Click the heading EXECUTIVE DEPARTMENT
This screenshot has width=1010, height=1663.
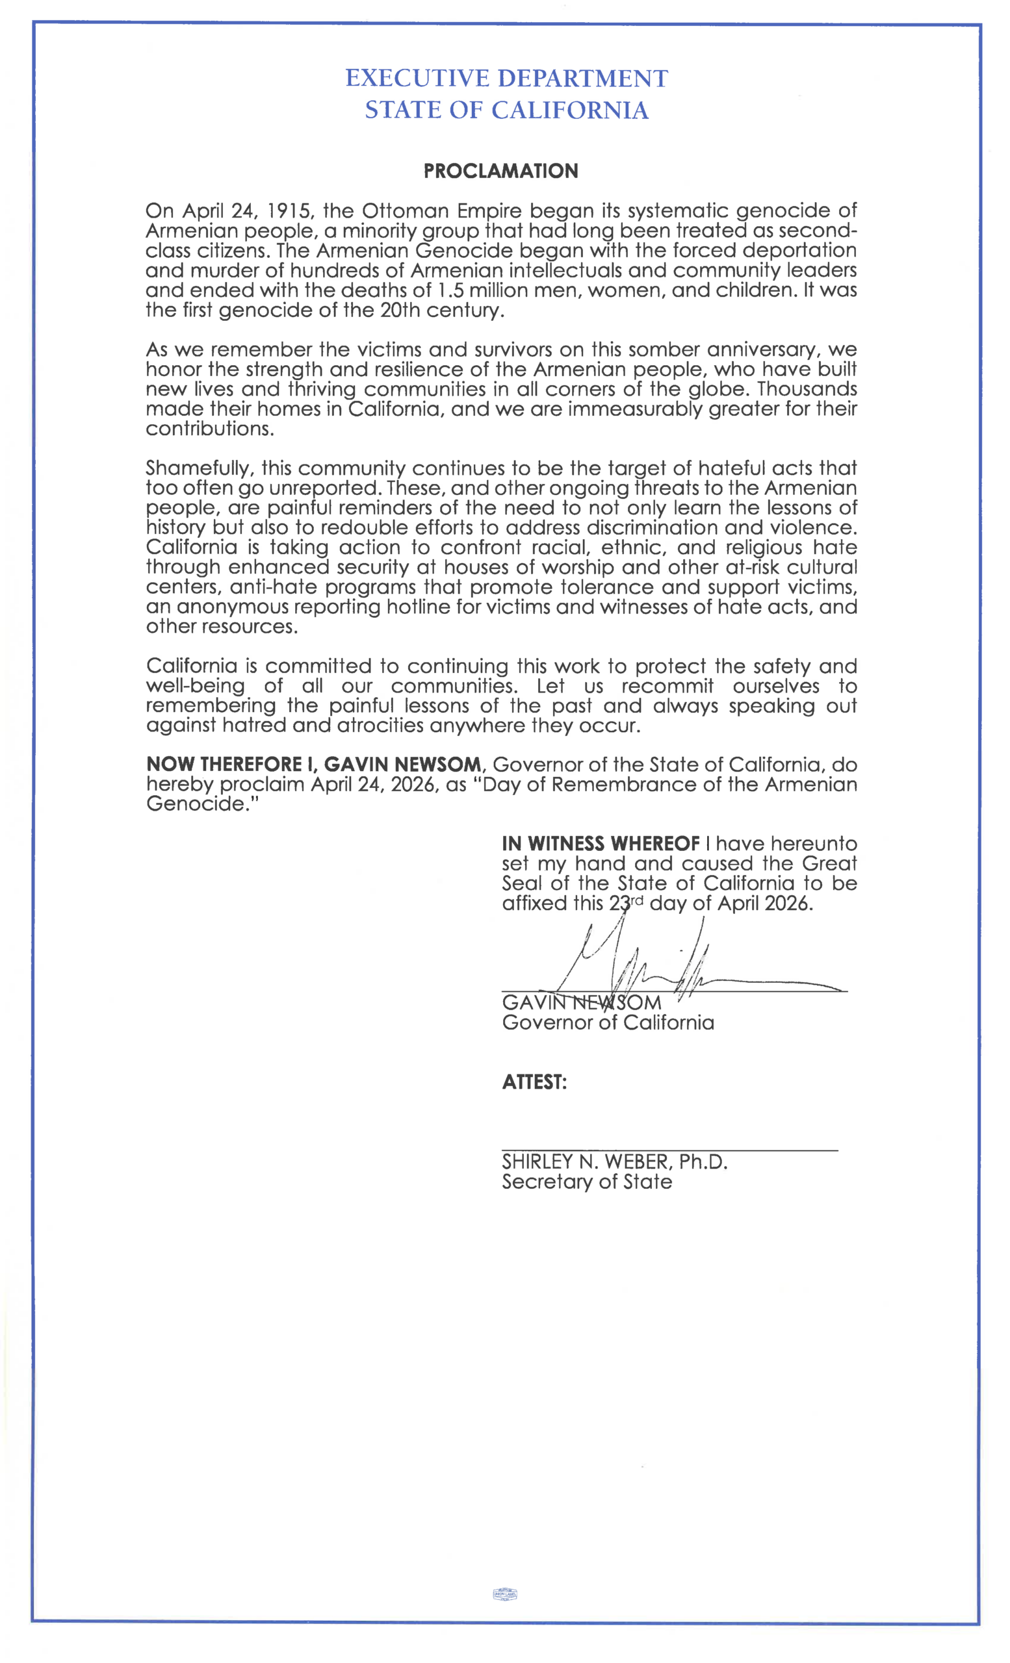point(506,79)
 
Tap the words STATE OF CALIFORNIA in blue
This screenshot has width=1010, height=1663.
point(506,110)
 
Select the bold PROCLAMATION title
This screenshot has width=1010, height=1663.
point(500,171)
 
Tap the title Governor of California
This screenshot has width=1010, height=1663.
point(608,1022)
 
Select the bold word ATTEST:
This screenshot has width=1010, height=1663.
point(534,1082)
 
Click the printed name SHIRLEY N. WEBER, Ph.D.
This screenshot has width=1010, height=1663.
point(614,1162)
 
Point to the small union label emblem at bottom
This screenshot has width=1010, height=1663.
point(505,1594)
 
